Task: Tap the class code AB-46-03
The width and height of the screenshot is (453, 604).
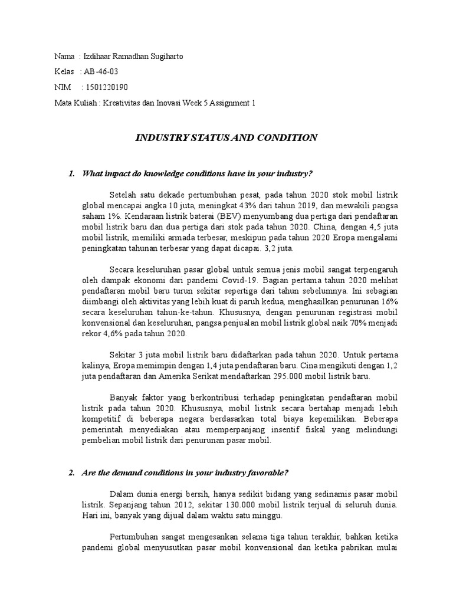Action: click(105, 72)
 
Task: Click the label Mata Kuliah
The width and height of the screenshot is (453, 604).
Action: click(75, 103)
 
